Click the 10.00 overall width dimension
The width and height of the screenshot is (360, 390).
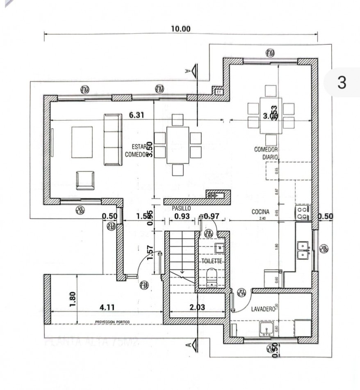181,29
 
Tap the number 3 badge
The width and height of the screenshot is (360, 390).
342,83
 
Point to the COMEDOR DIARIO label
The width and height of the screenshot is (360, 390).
266,153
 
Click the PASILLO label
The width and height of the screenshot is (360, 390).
181,208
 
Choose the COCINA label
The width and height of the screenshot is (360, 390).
260,212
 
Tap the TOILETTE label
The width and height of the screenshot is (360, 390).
212,261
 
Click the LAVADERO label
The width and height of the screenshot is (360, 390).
262,309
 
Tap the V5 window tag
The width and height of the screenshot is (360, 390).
80,211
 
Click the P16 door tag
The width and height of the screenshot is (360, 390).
144,285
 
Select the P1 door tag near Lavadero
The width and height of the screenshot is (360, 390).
242,293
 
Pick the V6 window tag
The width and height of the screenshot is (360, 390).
324,248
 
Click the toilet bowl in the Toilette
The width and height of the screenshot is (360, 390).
211,277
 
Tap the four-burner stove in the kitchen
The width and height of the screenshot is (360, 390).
302,213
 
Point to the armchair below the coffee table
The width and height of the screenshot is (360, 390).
85,180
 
